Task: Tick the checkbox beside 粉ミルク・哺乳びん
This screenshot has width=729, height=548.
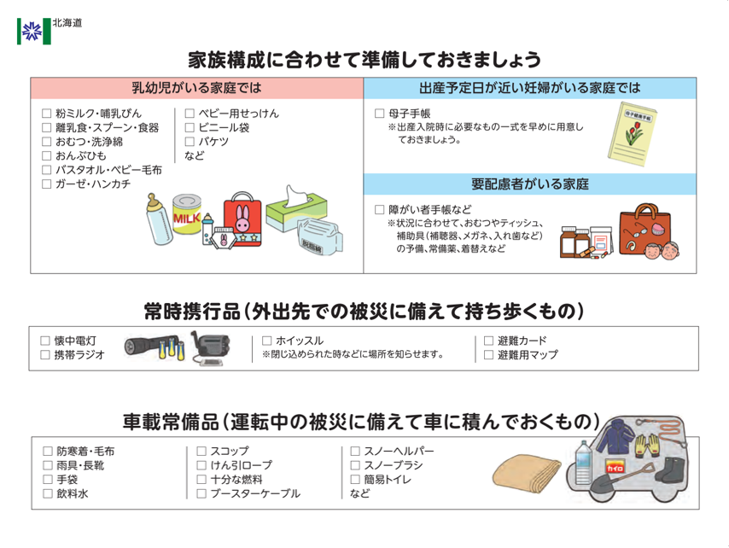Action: click(47, 114)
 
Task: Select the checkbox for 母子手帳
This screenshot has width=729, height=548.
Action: click(380, 114)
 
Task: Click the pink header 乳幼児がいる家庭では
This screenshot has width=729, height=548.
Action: click(196, 88)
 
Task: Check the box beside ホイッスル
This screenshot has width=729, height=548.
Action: click(267, 341)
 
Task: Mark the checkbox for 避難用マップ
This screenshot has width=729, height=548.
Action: click(488, 354)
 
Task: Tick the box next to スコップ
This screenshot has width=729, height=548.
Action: click(201, 451)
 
